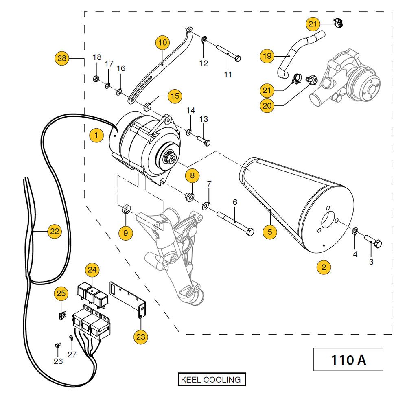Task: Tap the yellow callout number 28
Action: [62, 59]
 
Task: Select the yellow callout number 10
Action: [162, 42]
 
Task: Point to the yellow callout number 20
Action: [267, 105]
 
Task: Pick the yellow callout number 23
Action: [141, 337]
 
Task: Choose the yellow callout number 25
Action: [61, 293]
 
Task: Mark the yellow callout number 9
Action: [126, 232]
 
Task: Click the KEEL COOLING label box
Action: [212, 380]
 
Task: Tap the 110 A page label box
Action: [348, 360]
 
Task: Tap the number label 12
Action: [203, 63]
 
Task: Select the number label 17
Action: [109, 64]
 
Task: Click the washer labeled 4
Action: [355, 232]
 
